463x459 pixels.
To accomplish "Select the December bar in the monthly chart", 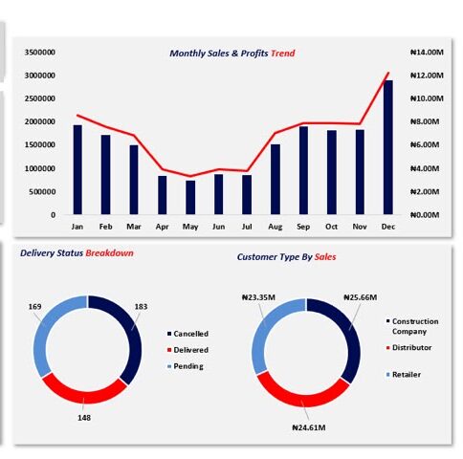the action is [387, 147].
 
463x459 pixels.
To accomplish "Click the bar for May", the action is [190, 197].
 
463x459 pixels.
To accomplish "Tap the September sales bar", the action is [303, 170].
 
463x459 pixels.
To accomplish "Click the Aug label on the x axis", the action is [275, 227].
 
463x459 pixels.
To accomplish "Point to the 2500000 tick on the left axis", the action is [40, 98].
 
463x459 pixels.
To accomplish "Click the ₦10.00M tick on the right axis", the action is [427, 98].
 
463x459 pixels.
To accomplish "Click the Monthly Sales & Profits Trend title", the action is [232, 54].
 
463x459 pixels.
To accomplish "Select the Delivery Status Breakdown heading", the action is [77, 253].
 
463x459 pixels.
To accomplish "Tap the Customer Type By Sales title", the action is [286, 257].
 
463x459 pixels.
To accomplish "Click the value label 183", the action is [141, 307].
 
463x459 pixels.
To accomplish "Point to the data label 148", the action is [84, 418].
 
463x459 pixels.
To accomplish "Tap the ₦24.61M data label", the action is [309, 427].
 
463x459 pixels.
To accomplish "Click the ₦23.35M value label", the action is [258, 297].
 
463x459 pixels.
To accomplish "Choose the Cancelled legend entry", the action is [187, 334].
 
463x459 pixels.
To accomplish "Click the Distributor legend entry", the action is [408, 347].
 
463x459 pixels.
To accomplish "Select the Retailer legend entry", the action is [404, 375].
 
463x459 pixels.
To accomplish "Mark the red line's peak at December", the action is [388, 73].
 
